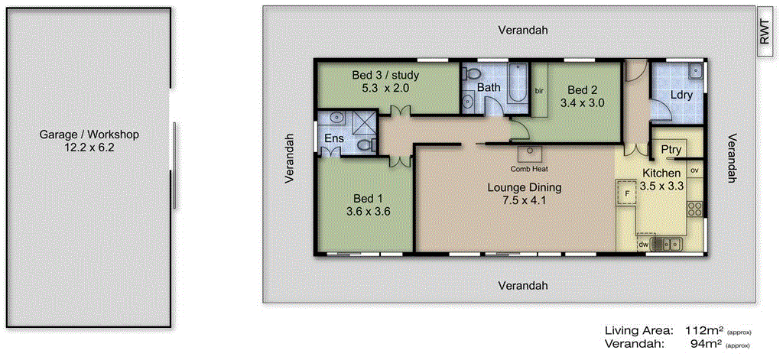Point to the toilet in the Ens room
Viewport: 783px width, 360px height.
point(365,145)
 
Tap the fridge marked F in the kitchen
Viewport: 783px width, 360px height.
point(625,193)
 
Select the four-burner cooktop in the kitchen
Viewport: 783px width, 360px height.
point(695,208)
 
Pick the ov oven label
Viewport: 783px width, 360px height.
point(695,169)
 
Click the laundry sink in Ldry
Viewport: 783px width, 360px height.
point(694,73)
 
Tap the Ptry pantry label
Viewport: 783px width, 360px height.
point(671,150)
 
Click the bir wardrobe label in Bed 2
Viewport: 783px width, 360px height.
point(539,91)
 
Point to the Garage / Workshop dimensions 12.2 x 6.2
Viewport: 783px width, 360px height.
point(89,148)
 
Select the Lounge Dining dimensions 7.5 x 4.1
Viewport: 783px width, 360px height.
point(525,201)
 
